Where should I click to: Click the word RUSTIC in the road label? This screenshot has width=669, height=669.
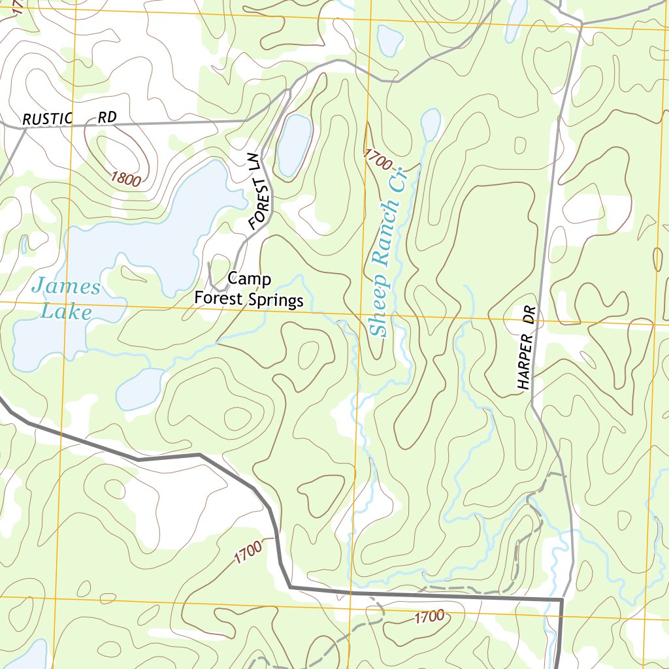click(x=50, y=119)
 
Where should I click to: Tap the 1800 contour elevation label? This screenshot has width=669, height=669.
click(x=125, y=178)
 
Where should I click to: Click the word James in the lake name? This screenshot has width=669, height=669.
click(x=66, y=287)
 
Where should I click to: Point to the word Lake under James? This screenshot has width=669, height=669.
click(x=65, y=312)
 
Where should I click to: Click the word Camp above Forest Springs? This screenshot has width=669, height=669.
click(x=249, y=280)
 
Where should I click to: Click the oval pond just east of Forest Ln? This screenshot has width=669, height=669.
click(x=294, y=145)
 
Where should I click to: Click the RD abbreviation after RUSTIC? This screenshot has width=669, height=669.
click(x=107, y=118)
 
